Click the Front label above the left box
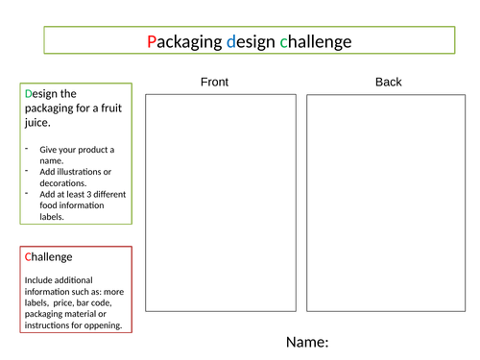(214, 82)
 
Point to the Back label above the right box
(388, 82)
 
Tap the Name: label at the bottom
(307, 342)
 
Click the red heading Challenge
(48, 257)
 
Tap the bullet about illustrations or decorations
(77, 177)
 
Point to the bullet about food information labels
(81, 205)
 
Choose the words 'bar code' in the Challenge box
(100, 302)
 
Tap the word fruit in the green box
(103, 108)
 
